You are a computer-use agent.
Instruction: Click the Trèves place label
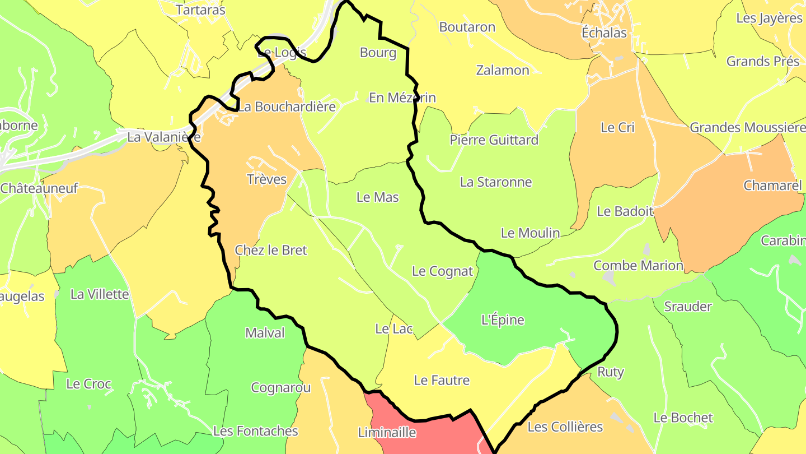tap(266, 179)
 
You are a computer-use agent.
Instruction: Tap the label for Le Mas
tap(378, 197)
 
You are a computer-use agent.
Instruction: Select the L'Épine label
tap(503, 320)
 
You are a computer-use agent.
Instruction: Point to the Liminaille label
tap(387, 433)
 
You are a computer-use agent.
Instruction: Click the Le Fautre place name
tap(442, 380)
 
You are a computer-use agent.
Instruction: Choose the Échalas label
tap(604, 33)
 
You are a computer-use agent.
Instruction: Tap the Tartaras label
tap(200, 10)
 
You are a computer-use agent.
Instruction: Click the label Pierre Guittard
tap(494, 140)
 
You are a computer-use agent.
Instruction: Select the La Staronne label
tap(496, 182)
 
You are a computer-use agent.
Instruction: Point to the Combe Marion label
tap(638, 265)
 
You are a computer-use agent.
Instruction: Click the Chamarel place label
tap(772, 186)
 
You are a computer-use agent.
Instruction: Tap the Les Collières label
tap(565, 427)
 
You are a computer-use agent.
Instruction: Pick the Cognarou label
tap(281, 387)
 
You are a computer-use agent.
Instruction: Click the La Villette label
tap(100, 294)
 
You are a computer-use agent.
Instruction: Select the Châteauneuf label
tap(39, 188)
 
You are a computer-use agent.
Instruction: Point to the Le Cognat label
tap(442, 271)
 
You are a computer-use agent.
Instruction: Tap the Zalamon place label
tap(503, 70)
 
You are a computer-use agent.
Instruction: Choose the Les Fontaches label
tap(255, 431)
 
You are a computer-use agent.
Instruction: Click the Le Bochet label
tap(683, 418)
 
